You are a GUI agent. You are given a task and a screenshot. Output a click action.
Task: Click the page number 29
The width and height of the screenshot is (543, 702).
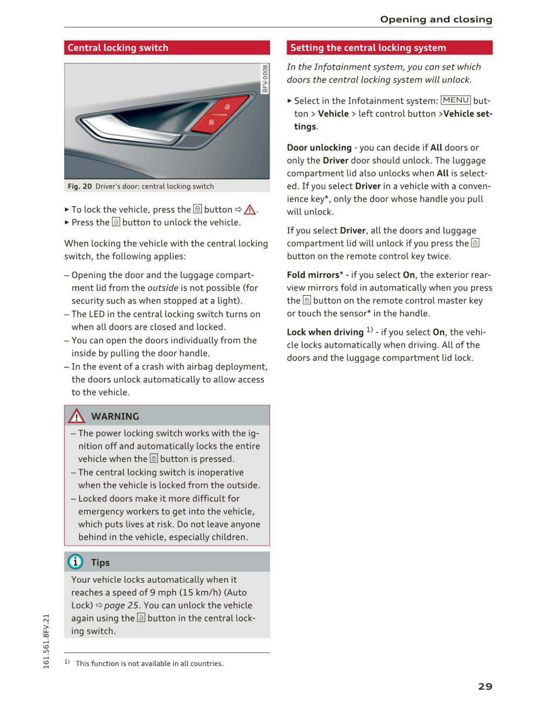click(x=485, y=686)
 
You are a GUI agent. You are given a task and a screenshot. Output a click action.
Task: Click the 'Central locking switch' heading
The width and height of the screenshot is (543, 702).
click(x=118, y=48)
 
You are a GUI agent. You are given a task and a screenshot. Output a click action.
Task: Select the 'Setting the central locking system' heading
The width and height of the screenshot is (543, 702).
click(x=368, y=48)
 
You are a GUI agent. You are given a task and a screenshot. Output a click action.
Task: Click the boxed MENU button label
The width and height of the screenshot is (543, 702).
click(x=455, y=100)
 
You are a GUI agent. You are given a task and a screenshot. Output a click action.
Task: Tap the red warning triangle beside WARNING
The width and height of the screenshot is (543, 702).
click(x=77, y=416)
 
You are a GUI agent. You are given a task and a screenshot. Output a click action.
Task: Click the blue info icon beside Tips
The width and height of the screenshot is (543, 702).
click(x=76, y=562)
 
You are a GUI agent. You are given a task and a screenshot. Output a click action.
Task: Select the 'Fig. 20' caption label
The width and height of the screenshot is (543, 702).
click(x=80, y=186)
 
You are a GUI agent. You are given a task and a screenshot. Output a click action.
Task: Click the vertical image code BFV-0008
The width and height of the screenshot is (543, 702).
click(x=265, y=79)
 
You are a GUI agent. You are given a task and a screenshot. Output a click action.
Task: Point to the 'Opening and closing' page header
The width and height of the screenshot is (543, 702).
click(x=436, y=19)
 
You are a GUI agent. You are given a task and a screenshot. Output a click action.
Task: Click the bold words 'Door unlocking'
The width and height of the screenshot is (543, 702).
click(x=319, y=148)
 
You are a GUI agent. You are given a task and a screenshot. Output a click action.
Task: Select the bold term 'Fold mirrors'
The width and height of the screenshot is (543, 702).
click(x=313, y=275)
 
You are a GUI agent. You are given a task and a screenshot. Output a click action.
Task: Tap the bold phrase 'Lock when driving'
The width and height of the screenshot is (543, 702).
click(x=325, y=332)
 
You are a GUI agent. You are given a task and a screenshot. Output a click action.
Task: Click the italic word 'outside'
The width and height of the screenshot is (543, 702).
click(x=163, y=288)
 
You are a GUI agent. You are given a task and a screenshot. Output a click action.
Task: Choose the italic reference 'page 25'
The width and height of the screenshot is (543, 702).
click(x=121, y=605)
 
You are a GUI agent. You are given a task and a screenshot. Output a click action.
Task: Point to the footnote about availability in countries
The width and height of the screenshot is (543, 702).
click(x=149, y=663)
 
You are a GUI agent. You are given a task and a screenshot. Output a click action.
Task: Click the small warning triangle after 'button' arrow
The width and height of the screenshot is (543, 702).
click(x=250, y=209)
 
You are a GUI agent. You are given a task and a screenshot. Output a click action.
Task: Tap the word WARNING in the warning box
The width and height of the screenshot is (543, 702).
click(x=115, y=416)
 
